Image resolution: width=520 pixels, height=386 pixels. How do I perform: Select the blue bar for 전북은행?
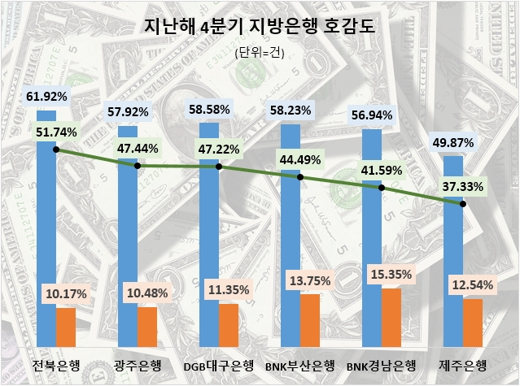click(46, 244)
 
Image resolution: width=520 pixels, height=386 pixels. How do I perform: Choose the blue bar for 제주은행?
click(453, 260)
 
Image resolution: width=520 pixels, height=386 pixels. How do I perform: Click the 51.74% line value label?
click(56, 132)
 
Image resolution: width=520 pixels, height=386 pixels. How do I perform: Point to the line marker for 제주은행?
click(463, 204)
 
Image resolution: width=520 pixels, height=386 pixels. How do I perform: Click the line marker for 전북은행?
click(56, 150)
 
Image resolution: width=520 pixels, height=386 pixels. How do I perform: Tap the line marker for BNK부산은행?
click(300, 176)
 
